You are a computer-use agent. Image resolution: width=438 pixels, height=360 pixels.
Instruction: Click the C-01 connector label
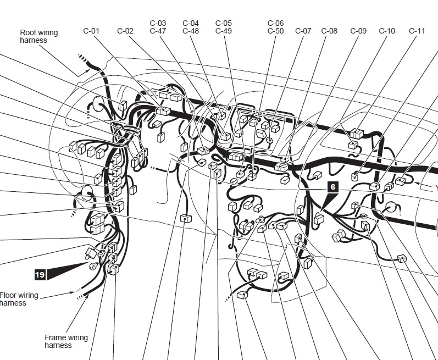point(91,31)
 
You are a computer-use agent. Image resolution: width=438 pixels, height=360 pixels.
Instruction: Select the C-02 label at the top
point(125,31)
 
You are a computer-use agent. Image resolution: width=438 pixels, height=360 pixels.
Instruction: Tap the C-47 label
point(158,31)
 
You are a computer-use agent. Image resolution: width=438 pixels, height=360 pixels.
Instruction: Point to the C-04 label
point(191,23)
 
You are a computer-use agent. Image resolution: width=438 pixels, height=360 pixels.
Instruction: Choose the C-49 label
point(224,31)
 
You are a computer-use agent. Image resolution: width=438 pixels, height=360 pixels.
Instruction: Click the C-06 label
point(275,23)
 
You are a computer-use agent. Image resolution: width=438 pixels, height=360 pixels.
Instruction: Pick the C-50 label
point(275,31)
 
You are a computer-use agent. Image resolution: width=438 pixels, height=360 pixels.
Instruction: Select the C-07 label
point(303,31)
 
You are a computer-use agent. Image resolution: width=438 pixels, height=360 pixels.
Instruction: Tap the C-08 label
point(329,31)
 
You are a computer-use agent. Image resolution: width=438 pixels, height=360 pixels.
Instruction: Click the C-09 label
point(358,31)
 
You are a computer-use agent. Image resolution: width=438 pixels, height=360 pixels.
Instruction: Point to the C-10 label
point(387,31)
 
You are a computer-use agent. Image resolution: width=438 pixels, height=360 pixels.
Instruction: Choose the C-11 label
point(417,31)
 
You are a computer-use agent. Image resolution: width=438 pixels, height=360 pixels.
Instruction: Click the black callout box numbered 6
point(332,187)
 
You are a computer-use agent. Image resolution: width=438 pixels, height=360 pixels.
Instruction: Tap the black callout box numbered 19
point(40,275)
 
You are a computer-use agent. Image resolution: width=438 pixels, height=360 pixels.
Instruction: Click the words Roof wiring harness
point(39,36)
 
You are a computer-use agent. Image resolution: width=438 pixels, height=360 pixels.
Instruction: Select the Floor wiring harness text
point(19,299)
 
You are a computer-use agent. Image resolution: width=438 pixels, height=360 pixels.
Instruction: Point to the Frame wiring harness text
point(66,341)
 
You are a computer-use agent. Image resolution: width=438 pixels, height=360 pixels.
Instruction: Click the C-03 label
point(158,23)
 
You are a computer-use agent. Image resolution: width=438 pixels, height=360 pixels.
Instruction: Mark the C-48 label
point(191,31)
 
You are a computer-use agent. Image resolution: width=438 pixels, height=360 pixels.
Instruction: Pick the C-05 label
point(224,23)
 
